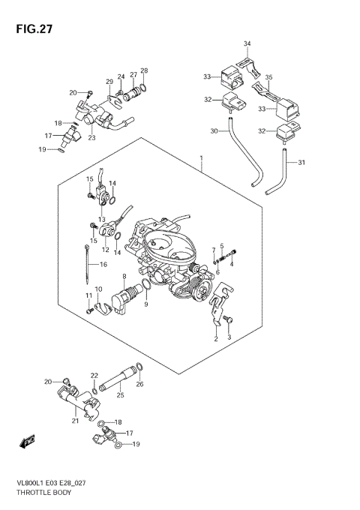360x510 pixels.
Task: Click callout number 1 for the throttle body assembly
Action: click(201, 157)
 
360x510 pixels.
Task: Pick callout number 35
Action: click(268, 77)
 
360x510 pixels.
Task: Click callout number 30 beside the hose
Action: click(214, 131)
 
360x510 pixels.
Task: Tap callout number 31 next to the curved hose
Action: click(301, 163)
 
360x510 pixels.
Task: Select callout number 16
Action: click(103, 265)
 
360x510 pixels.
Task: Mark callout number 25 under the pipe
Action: click(120, 394)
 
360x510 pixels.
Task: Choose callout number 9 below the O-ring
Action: click(146, 304)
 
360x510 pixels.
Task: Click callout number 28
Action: click(144, 71)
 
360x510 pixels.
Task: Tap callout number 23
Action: click(91, 137)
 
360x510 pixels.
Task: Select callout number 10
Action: click(98, 289)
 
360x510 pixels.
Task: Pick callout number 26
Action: click(139, 385)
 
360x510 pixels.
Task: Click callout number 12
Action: click(106, 250)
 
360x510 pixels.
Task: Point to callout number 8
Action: click(123, 277)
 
